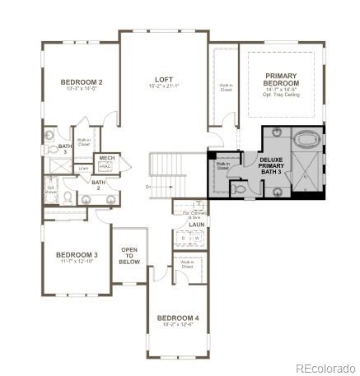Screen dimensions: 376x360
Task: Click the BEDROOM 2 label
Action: (82, 82)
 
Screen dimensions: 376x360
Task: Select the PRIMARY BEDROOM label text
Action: (281, 78)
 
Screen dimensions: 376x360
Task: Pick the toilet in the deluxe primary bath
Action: (237, 188)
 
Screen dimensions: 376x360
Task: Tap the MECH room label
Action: (106, 157)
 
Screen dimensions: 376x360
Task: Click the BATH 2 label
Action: (98, 183)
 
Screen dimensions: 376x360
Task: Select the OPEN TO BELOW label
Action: (129, 254)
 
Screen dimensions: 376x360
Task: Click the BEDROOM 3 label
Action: (77, 255)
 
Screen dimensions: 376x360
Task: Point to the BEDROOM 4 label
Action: (178, 318)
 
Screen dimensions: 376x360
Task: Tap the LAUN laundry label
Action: (196, 224)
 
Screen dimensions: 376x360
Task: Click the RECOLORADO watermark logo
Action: (326, 367)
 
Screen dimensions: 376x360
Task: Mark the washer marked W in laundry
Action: (196, 239)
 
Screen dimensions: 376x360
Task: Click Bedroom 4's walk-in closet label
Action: (187, 267)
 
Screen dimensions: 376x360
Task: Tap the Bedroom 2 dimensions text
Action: (82, 91)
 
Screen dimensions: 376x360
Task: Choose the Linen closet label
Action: (84, 169)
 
